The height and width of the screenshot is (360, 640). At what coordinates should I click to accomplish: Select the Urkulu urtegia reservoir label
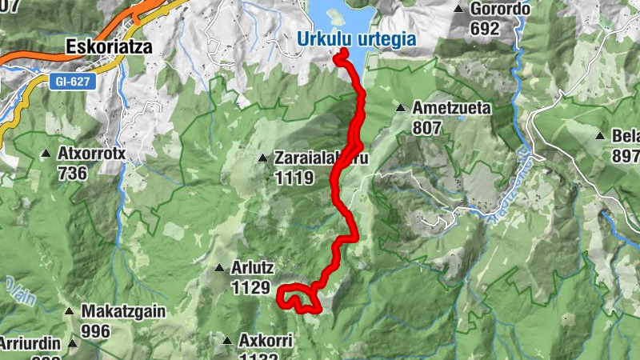pos(356,38)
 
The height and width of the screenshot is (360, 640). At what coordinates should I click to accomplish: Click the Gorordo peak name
pos(501,10)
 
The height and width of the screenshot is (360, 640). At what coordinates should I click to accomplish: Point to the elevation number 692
pos(485,29)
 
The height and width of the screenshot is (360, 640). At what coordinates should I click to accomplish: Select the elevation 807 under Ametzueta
pos(429,126)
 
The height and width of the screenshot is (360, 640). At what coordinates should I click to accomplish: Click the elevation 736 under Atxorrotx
pos(74,172)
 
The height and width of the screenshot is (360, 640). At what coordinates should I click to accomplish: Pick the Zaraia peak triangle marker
pos(262,158)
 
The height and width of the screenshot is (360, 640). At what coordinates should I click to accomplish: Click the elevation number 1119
pos(294,178)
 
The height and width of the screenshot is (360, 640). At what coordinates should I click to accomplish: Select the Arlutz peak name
pos(254,267)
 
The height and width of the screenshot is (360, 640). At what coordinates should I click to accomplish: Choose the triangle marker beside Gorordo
pos(458,10)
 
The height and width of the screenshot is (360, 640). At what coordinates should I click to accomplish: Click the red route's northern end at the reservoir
pos(342,53)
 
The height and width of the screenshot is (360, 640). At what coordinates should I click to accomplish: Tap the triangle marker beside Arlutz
pos(218,268)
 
